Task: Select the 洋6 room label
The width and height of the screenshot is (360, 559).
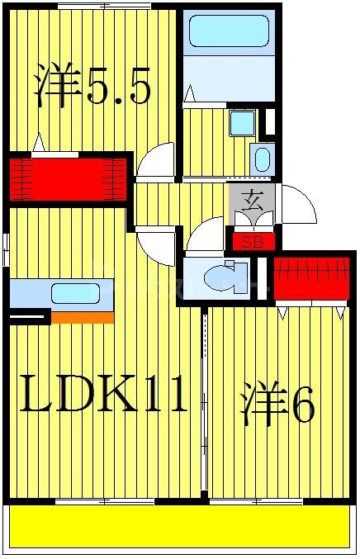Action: pyautogui.click(x=277, y=405)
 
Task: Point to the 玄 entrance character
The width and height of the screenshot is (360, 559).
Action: pyautogui.click(x=252, y=199)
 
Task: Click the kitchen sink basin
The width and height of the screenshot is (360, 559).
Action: pyautogui.click(x=75, y=292)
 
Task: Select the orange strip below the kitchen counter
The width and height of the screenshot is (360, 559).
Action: pyautogui.click(x=83, y=317)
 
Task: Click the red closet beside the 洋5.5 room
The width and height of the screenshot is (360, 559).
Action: pyautogui.click(x=68, y=177)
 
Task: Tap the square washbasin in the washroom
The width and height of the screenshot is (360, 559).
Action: pyautogui.click(x=242, y=123)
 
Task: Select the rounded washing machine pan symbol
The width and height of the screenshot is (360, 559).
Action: pyautogui.click(x=262, y=158)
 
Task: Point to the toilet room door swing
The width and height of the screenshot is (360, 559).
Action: pyautogui.click(x=202, y=239)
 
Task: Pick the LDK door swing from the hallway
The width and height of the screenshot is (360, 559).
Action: pyautogui.click(x=157, y=244)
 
